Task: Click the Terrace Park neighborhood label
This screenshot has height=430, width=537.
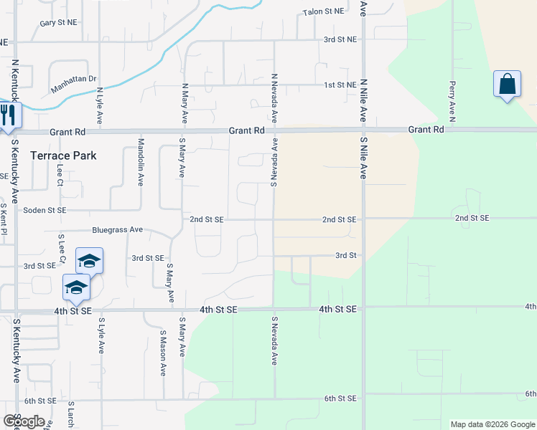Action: pos(63,155)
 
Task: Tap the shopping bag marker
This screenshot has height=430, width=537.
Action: pos(507,85)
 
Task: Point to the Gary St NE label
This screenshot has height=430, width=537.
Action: pos(58,23)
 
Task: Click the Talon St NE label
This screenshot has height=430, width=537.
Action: pos(324,11)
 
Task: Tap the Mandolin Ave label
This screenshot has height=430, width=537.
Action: pos(141,163)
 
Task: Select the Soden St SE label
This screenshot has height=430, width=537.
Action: pos(45,210)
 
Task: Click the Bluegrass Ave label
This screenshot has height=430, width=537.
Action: pos(118,230)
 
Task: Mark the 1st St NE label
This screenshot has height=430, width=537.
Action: pos(340,85)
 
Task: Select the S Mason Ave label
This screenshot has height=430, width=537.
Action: pos(163,353)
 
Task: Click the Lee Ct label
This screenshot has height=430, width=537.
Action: pos(60,176)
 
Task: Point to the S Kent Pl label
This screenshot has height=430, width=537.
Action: pos(4,220)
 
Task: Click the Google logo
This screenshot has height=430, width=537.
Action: pos(24,421)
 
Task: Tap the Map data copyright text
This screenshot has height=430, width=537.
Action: pos(492,424)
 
